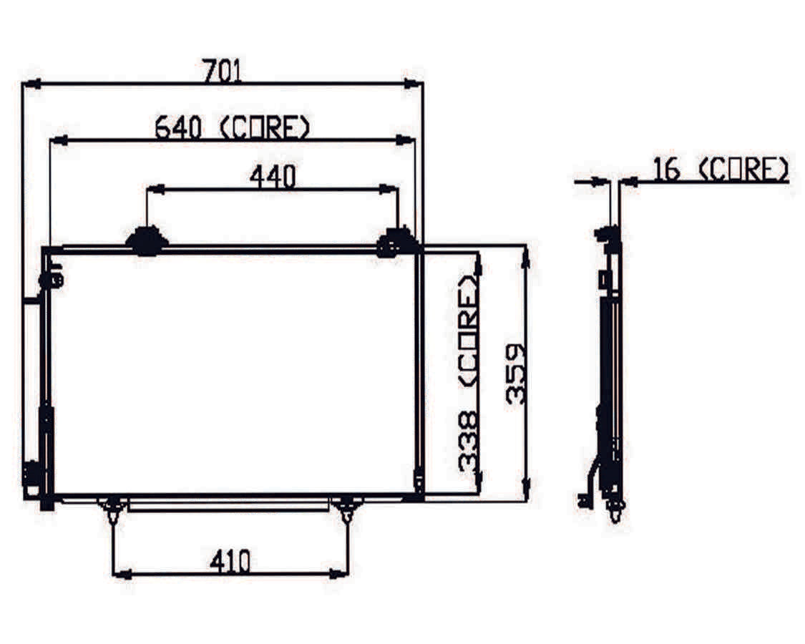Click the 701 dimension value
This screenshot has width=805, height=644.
[222, 71]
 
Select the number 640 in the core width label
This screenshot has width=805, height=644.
[178, 127]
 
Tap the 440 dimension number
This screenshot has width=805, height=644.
[273, 177]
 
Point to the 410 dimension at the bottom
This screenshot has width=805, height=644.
[230, 561]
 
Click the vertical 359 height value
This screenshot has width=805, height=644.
[515, 374]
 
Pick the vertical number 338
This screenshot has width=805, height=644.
[468, 441]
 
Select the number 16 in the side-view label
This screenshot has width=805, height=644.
[667, 170]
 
